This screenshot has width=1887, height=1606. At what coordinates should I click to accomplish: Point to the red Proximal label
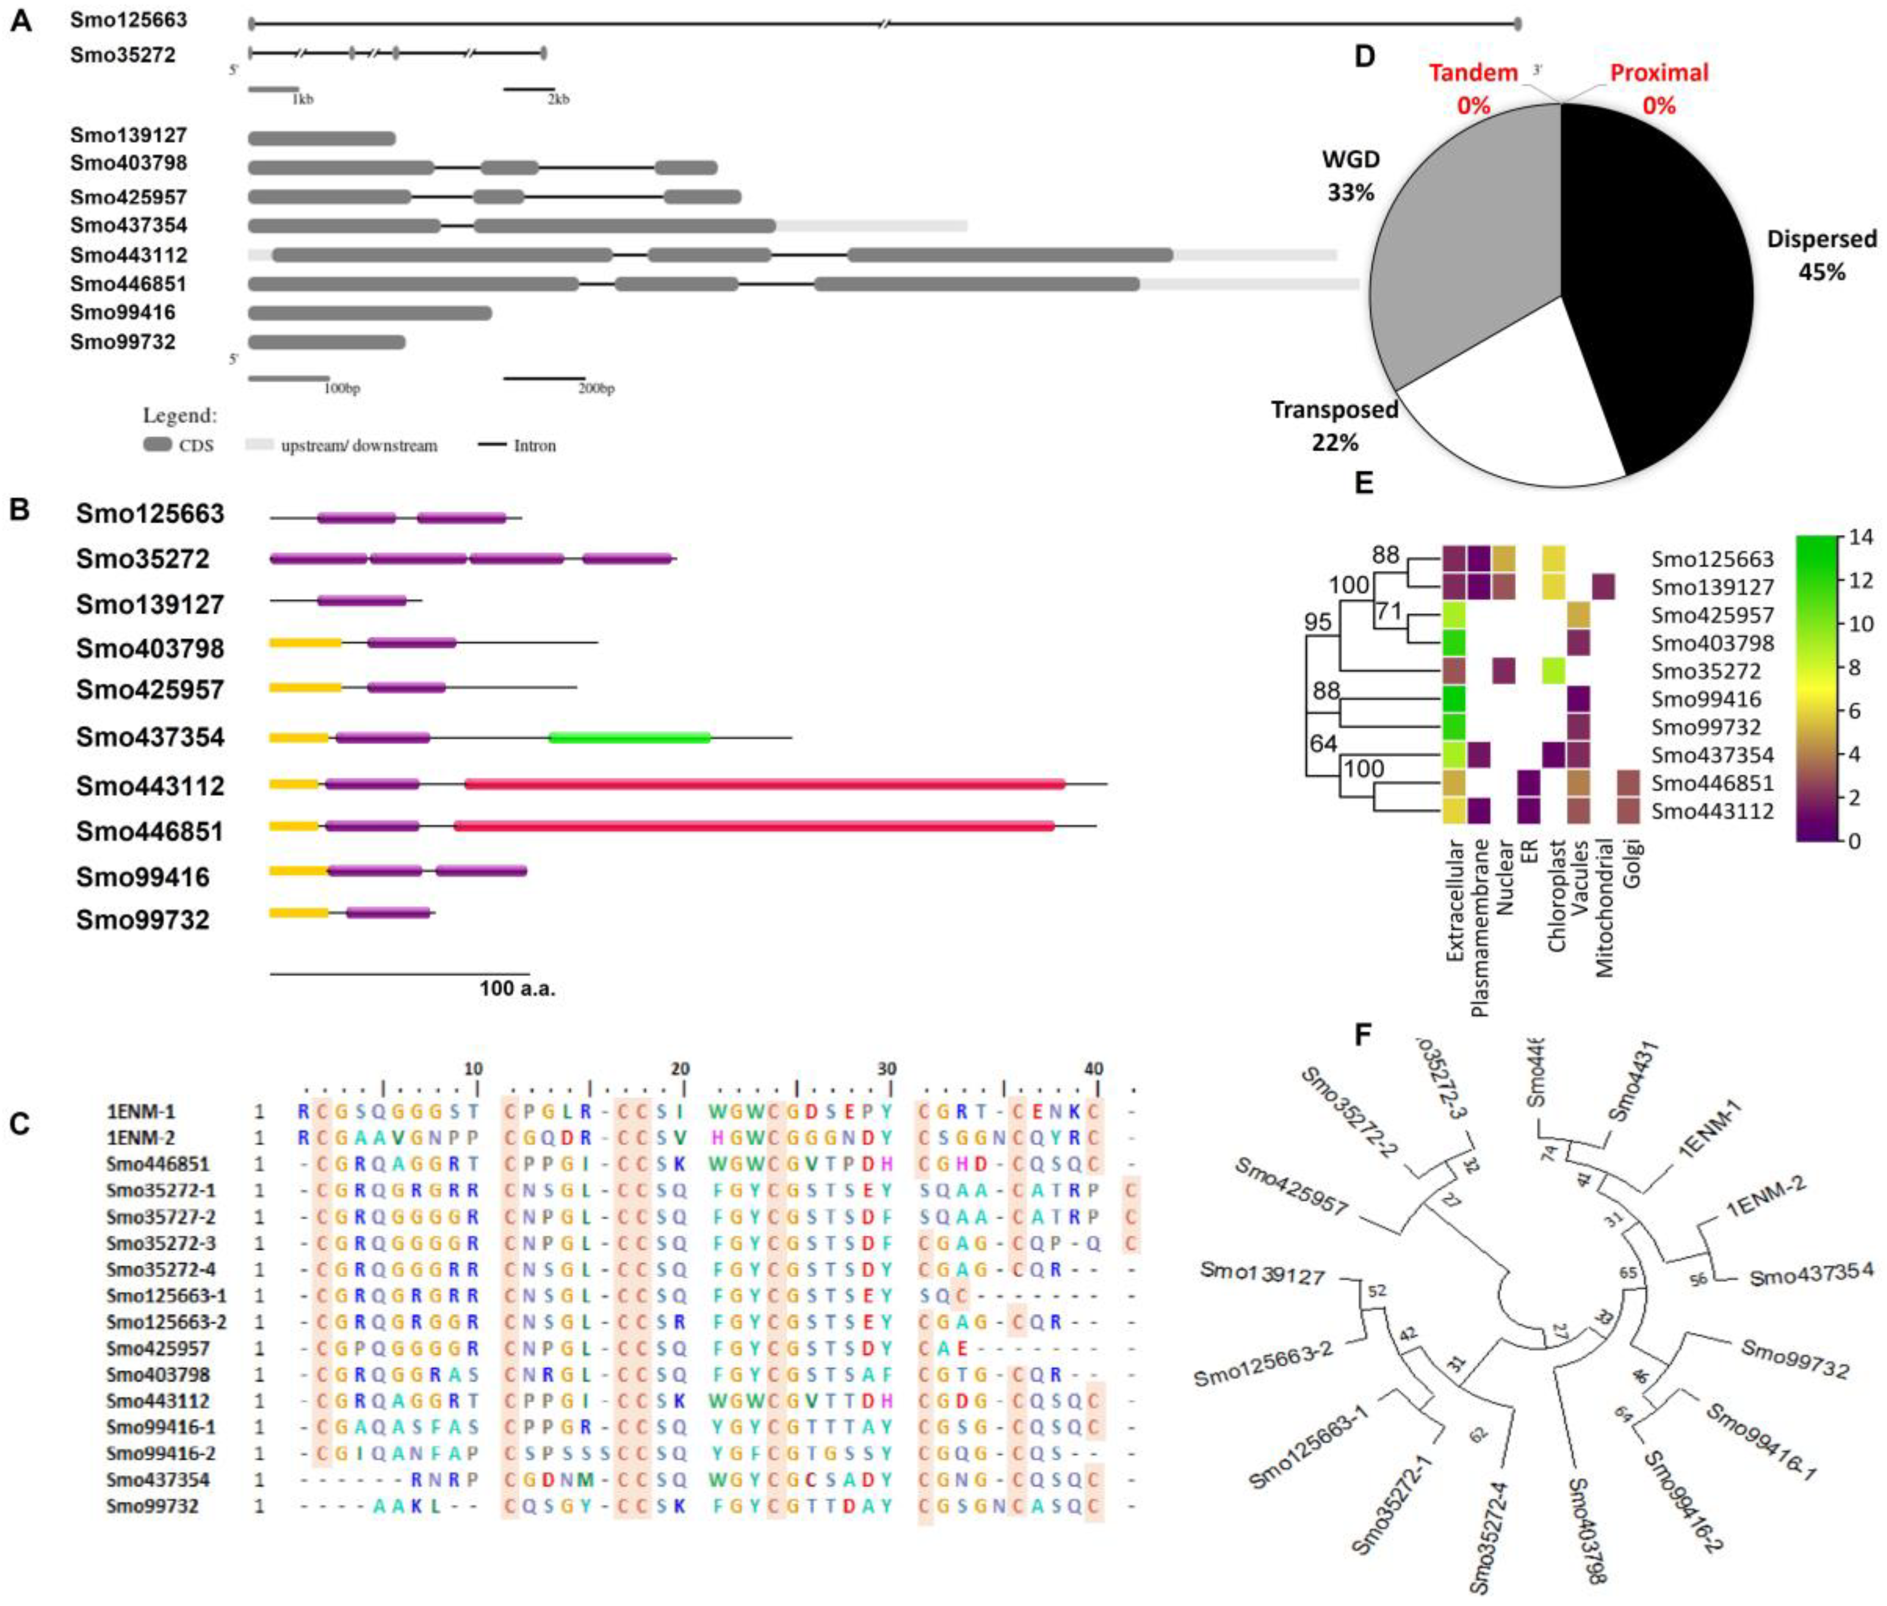[x=1659, y=73]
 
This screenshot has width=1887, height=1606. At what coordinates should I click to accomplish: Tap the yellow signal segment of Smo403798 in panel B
[x=305, y=643]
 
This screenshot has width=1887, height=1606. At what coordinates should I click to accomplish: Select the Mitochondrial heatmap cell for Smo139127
[x=1604, y=586]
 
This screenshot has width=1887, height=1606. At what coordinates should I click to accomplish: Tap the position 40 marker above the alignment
[x=1094, y=1069]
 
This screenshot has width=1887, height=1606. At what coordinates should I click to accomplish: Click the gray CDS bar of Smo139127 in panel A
[x=321, y=138]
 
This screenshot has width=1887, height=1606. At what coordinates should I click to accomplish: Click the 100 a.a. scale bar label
[x=517, y=988]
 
